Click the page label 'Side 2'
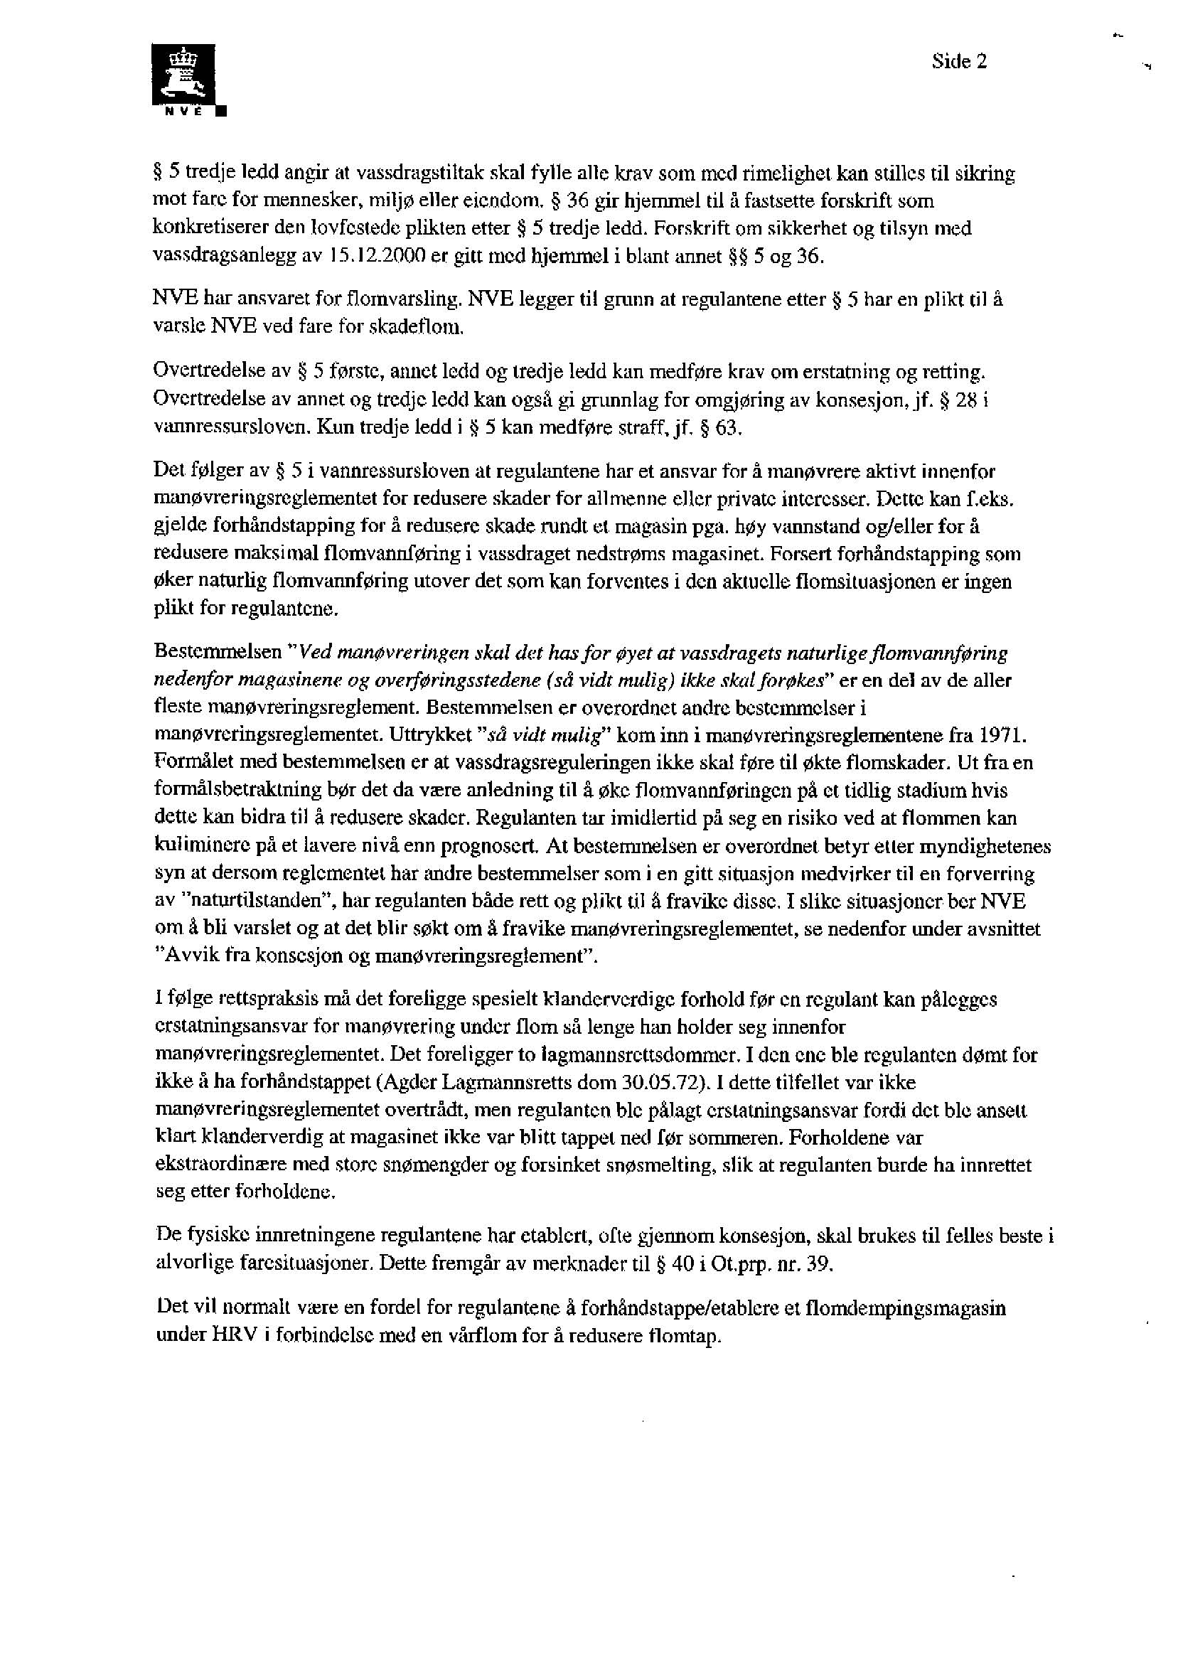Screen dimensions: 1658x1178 960,62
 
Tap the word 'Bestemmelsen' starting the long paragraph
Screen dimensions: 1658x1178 217,652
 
